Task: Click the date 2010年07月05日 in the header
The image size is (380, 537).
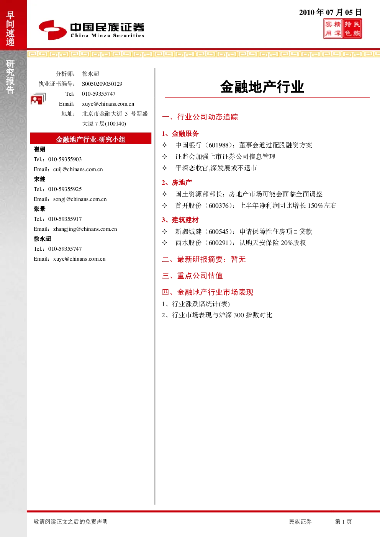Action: pos(330,12)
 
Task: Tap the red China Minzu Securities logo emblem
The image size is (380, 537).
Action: pos(52,30)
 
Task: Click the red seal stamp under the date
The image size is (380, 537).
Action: pos(342,29)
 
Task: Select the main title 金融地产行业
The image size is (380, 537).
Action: pos(262,87)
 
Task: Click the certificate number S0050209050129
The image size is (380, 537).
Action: pos(102,84)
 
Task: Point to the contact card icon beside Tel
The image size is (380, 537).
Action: pos(38,98)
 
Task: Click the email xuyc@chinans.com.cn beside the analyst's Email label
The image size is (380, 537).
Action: pos(108,104)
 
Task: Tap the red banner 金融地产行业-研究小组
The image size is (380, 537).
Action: pos(91,139)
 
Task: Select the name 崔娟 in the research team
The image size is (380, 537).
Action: pos(39,149)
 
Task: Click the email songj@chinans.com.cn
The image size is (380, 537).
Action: pos(80,199)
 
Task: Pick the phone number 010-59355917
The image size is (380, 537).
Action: pos(65,219)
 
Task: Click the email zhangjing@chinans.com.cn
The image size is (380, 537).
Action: pos(85,229)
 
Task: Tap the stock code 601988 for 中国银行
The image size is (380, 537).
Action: pos(218,145)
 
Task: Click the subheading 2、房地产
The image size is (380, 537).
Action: pos(177,183)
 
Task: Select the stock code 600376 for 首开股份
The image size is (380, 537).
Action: pos(218,206)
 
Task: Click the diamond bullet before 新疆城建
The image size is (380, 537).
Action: pos(165,231)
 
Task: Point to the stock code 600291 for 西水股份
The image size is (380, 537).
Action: pos(218,243)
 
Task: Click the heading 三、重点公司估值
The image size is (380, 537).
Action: pos(192,276)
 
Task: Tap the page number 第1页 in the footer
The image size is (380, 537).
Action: pos(343,521)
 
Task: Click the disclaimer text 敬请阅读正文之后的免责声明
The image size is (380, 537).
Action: pos(71,521)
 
